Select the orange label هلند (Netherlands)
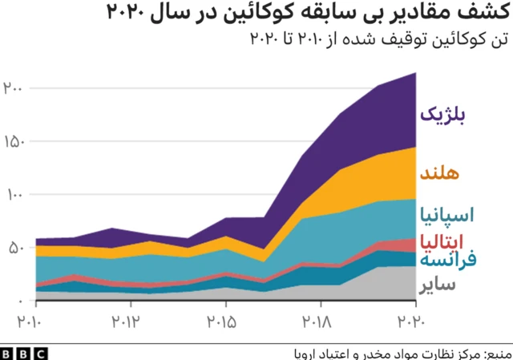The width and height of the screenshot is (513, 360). (439, 173)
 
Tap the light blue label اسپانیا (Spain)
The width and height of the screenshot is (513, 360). (446, 215)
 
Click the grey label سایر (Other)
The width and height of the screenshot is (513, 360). (437, 285)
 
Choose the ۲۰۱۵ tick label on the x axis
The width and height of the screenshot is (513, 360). (225, 322)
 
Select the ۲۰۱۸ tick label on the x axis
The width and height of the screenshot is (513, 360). (321, 322)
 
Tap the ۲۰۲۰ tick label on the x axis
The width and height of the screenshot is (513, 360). (415, 322)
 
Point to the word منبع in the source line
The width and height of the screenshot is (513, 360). (493, 352)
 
